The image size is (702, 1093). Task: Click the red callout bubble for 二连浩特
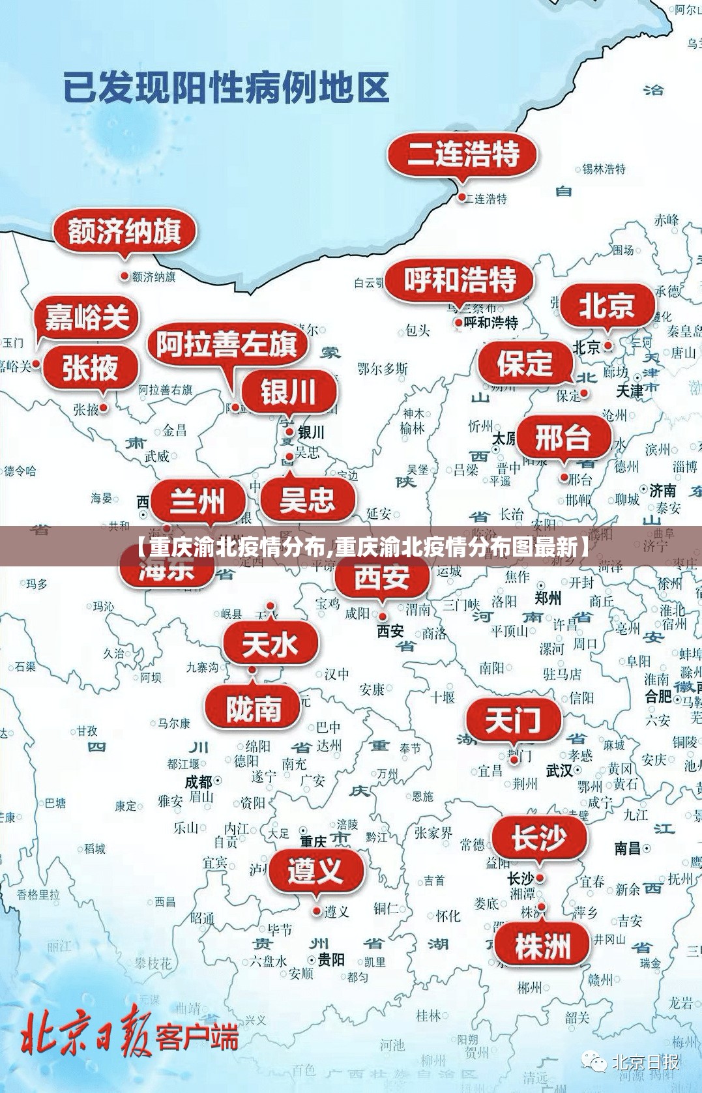463,155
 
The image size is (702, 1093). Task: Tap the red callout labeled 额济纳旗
124,231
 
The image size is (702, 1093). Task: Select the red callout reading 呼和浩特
460,280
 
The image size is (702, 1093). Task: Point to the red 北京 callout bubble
606,305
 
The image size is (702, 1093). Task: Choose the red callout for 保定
525,363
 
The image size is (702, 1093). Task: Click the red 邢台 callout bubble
563,437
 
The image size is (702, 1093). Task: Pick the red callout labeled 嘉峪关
87,319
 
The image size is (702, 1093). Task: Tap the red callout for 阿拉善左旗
226,344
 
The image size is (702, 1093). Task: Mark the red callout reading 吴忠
307,501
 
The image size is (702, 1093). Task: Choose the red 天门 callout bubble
513,721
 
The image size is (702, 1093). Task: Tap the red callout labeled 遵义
315,871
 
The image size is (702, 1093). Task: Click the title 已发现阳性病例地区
226,89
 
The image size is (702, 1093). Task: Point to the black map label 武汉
559,771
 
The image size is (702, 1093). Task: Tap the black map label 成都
199,781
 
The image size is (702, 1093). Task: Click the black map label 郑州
548,598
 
